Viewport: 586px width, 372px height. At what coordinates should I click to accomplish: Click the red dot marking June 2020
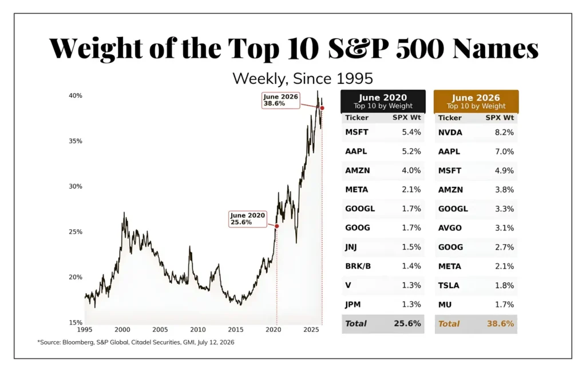point(277,226)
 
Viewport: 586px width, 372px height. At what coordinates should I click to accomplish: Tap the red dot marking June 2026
point(322,108)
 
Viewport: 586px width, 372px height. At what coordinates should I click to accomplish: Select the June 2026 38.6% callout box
point(280,101)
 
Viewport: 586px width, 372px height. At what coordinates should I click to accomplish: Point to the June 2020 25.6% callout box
point(248,219)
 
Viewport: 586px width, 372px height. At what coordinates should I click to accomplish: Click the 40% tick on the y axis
point(75,96)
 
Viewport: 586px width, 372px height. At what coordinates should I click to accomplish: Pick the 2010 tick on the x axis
point(197,330)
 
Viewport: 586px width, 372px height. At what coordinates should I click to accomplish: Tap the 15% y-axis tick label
point(75,322)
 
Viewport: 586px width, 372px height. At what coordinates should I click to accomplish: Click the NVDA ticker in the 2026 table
point(450,133)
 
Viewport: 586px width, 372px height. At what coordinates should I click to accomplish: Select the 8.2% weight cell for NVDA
point(504,133)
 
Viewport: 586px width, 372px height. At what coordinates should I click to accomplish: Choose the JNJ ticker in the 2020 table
point(351,247)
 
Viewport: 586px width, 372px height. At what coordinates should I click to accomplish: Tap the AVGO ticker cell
point(450,228)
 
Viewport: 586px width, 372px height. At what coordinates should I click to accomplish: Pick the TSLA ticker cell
point(449,286)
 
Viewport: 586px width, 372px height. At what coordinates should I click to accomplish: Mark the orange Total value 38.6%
point(500,323)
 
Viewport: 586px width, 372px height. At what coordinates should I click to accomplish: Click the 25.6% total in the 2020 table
point(407,323)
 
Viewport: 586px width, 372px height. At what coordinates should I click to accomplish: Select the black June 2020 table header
point(383,101)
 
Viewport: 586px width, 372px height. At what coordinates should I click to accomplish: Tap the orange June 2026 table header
point(476,101)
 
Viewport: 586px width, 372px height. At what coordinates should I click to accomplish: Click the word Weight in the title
point(96,49)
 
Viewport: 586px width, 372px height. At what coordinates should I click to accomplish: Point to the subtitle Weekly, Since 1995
point(303,79)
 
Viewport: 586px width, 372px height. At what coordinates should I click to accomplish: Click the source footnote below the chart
point(136,342)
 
